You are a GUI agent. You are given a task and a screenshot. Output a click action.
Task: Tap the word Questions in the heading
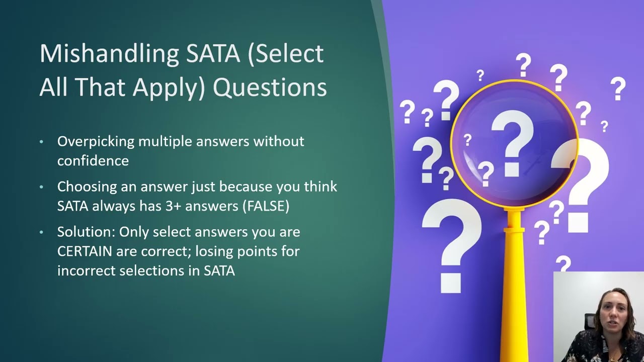[270, 87]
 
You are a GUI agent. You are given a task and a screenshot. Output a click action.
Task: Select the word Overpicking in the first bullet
[96, 142]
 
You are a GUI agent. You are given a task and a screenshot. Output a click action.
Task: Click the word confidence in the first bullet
[93, 161]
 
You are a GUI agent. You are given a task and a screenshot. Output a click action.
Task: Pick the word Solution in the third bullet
[86, 232]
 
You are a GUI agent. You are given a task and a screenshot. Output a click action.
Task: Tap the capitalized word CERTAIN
[85, 251]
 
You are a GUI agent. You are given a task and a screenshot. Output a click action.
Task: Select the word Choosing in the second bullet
[87, 187]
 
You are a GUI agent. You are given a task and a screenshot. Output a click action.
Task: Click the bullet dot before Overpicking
[42, 142]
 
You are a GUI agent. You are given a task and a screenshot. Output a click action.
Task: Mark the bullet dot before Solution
[42, 233]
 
